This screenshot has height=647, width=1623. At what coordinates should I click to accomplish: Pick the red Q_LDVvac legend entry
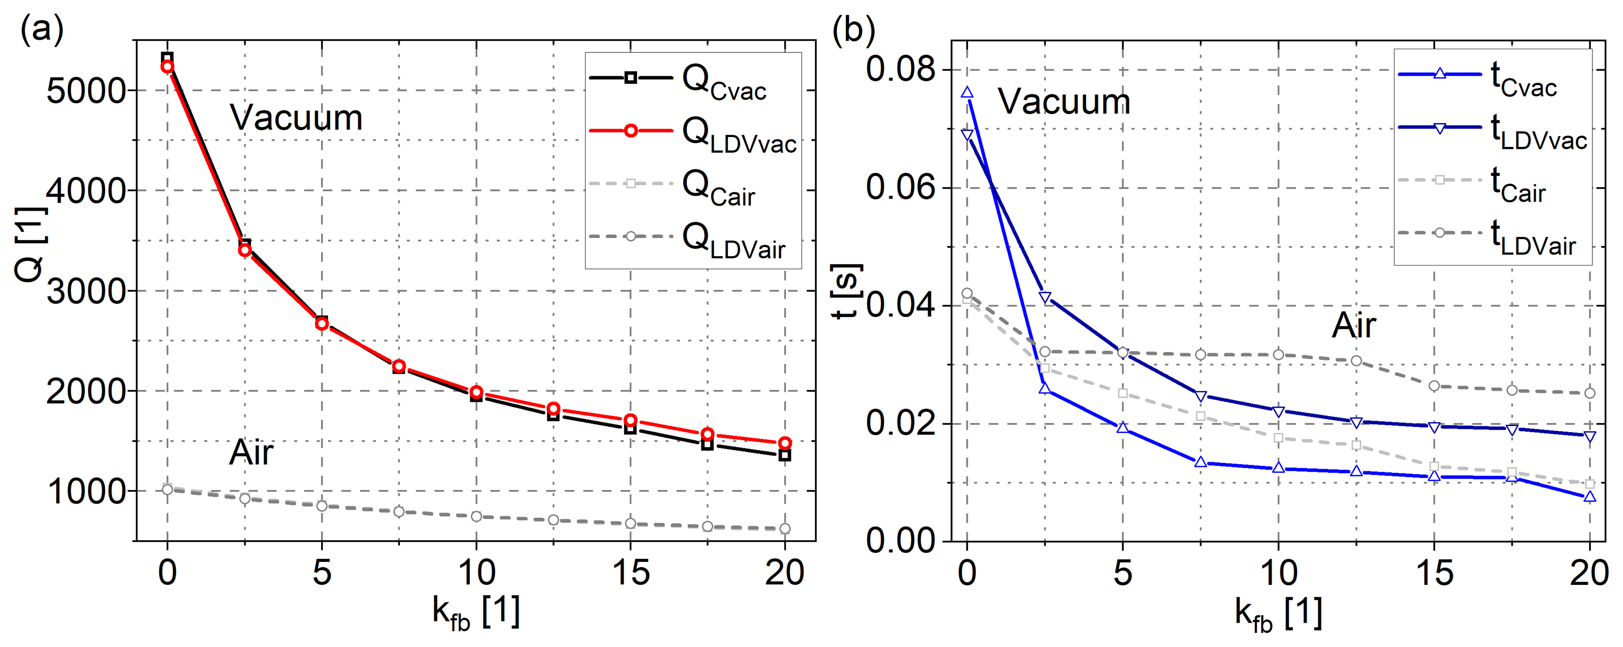click(x=693, y=133)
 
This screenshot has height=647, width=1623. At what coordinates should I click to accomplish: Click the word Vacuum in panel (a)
click(x=296, y=118)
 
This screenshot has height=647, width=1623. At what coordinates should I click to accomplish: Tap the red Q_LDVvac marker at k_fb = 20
click(x=785, y=443)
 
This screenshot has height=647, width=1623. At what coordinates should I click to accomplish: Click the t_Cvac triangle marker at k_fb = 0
click(x=967, y=93)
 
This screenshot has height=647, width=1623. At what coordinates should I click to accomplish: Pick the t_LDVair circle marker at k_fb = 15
click(x=1435, y=385)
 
